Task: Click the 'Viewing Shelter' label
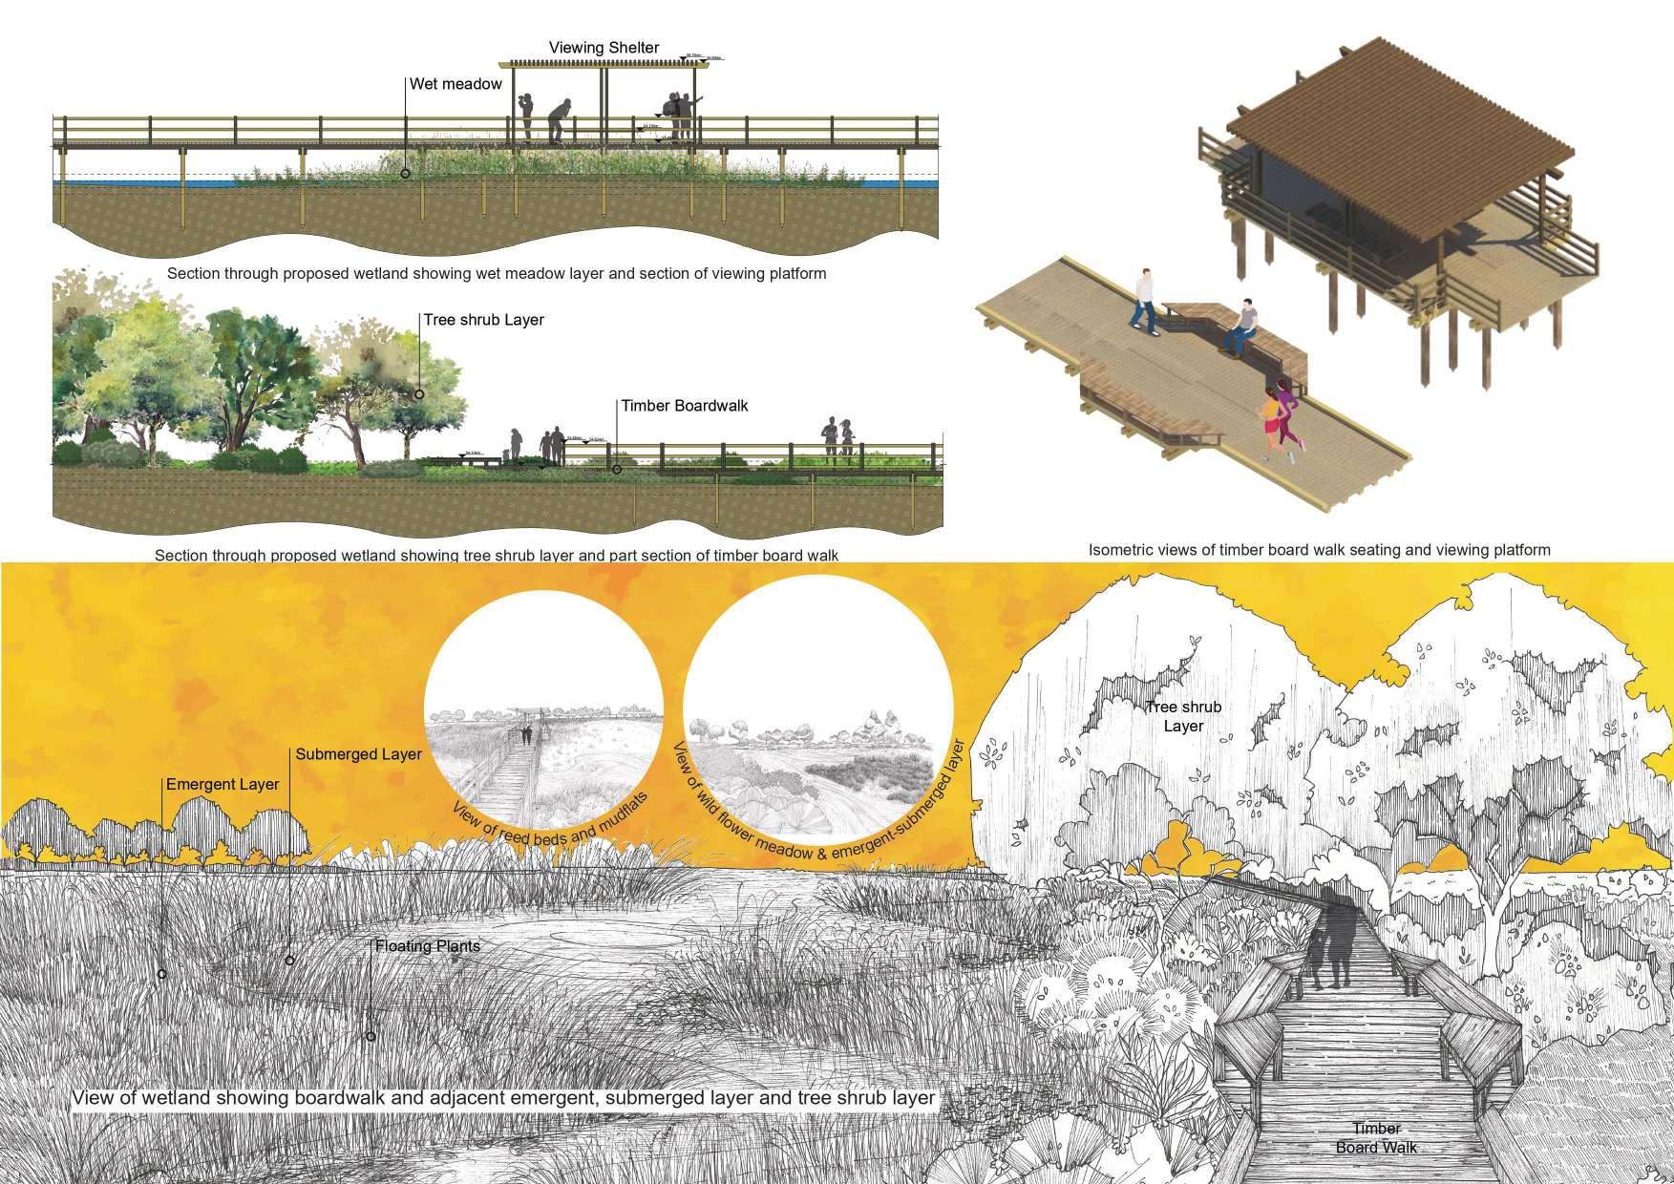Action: (x=604, y=48)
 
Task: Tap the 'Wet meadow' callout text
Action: (x=456, y=84)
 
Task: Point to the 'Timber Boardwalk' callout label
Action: (x=684, y=406)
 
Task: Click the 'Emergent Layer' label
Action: (x=222, y=784)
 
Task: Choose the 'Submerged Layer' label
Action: (x=358, y=754)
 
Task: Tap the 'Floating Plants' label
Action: (x=427, y=946)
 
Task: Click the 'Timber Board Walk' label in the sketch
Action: (x=1376, y=1137)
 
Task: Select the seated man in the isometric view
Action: (x=1240, y=327)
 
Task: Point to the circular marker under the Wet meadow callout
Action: (x=406, y=174)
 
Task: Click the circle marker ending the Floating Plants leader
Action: (x=371, y=1036)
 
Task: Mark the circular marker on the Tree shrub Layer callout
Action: (x=419, y=393)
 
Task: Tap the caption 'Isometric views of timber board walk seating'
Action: (x=1319, y=550)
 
